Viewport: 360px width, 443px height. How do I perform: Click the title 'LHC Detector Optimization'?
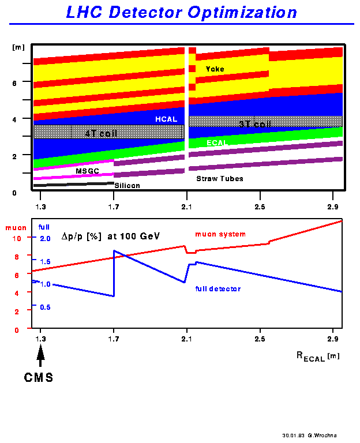(x=181, y=12)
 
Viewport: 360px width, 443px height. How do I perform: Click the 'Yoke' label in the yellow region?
(x=215, y=69)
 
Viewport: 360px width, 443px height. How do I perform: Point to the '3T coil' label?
(x=254, y=123)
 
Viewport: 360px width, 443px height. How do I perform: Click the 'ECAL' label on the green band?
(x=217, y=143)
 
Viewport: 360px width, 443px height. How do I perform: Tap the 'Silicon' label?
(x=127, y=186)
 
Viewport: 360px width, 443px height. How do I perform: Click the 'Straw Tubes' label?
(x=220, y=179)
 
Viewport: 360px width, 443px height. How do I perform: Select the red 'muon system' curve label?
(x=220, y=234)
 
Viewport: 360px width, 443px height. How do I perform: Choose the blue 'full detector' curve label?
(x=218, y=288)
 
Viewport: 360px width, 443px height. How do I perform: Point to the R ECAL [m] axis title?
(x=318, y=358)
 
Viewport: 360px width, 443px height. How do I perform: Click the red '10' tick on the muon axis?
(x=17, y=238)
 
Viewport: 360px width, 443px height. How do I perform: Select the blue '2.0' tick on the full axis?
(x=45, y=238)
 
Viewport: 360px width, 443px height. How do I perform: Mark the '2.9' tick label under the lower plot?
(x=333, y=337)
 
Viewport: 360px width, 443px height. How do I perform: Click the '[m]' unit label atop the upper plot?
(x=17, y=47)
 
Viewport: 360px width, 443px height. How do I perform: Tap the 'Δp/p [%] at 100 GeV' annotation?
(x=110, y=236)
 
